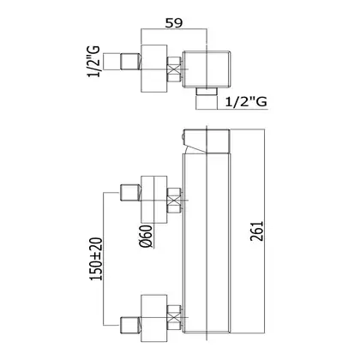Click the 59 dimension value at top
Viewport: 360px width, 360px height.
[173, 22]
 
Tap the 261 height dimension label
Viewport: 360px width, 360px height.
[256, 231]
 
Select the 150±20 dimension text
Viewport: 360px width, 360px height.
[96, 259]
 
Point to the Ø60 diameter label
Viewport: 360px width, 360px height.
[146, 236]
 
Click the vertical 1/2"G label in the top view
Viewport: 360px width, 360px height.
[94, 61]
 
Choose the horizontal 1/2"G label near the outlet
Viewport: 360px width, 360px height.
[246, 101]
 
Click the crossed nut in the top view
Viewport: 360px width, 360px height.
[174, 69]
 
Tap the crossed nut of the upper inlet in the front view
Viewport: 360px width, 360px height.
[174, 201]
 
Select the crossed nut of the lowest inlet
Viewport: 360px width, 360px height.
[174, 318]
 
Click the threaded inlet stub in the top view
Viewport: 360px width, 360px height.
[131, 62]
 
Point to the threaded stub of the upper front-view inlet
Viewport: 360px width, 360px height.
[131, 193]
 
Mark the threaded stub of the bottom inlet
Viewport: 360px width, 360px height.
[131, 325]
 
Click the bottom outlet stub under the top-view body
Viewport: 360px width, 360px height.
[207, 91]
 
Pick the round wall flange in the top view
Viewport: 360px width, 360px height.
[154, 69]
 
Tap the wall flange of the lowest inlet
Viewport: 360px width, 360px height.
[154, 318]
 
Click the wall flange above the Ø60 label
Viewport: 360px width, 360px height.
[154, 200]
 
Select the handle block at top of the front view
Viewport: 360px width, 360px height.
[207, 141]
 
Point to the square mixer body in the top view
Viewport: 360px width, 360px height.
[207, 69]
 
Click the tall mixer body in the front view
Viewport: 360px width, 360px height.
[207, 243]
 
